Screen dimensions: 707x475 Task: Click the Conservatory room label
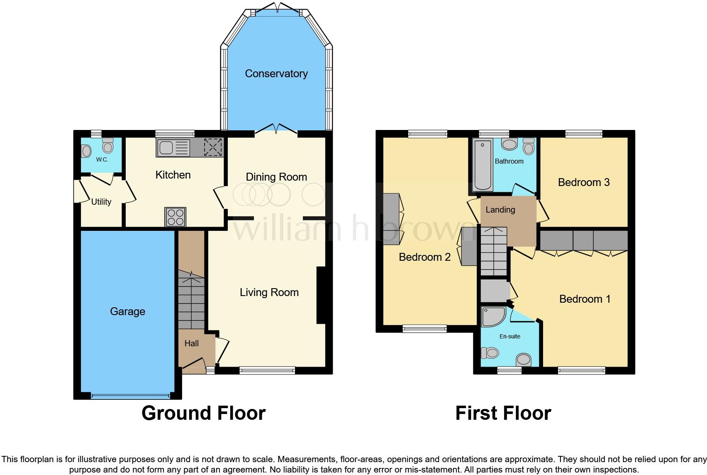tap(276, 73)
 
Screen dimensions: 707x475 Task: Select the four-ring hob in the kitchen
tap(176, 217)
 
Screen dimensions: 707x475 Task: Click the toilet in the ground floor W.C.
tap(107, 146)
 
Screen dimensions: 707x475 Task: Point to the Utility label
tap(101, 202)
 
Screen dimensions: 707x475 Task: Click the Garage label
tap(127, 312)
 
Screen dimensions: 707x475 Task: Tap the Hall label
tap(192, 343)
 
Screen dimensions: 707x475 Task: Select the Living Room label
tap(269, 292)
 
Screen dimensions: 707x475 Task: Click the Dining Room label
tap(276, 177)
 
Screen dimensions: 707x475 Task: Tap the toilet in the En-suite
tap(490, 353)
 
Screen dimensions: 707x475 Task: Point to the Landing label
tap(500, 210)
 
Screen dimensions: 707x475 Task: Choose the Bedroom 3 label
tap(584, 182)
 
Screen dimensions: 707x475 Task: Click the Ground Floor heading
tap(204, 414)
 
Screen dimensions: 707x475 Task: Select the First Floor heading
tap(503, 414)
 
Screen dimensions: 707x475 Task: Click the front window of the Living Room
tap(267, 370)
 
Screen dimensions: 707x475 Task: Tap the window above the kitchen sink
tap(175, 134)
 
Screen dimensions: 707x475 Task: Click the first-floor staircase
tap(494, 252)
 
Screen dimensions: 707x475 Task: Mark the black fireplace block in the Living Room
tap(321, 295)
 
